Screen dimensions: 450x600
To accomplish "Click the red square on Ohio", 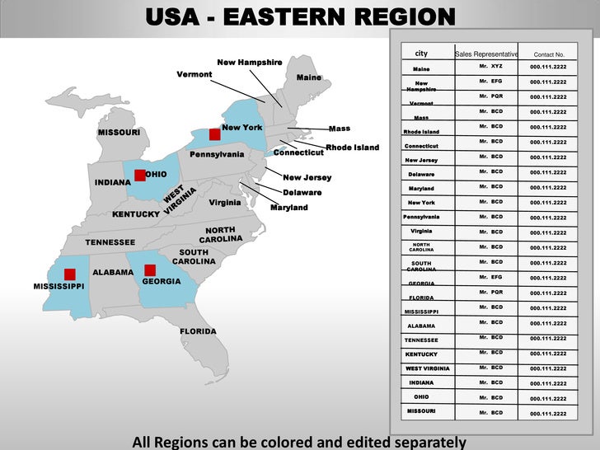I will point(139,175).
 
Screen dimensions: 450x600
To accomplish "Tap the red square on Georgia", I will point(150,270).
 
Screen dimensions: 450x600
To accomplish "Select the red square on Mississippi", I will point(70,274).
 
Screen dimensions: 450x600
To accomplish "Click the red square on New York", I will point(214,134).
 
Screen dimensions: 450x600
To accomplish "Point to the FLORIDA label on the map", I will point(198,331).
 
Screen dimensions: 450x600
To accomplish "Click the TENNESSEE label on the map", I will point(110,242).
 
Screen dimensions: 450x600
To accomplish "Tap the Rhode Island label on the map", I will point(352,148).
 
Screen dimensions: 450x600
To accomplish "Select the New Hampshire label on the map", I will point(249,63).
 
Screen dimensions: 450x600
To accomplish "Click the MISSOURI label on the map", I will point(119,133).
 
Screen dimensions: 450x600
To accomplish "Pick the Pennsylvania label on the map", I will point(217,154).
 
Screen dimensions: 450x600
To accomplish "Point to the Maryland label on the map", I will point(288,208).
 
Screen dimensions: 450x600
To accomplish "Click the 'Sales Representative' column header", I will point(486,54).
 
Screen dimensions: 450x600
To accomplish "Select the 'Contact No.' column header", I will point(548,54).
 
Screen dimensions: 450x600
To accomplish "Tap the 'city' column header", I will point(421,54).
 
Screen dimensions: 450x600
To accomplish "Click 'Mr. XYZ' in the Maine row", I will point(491,66).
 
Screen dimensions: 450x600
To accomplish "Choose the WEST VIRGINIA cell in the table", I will point(427,368).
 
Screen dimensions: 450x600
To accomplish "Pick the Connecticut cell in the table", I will point(421,146).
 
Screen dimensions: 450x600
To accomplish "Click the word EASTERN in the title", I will point(299,17).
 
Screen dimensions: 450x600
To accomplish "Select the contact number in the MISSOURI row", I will point(548,414).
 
